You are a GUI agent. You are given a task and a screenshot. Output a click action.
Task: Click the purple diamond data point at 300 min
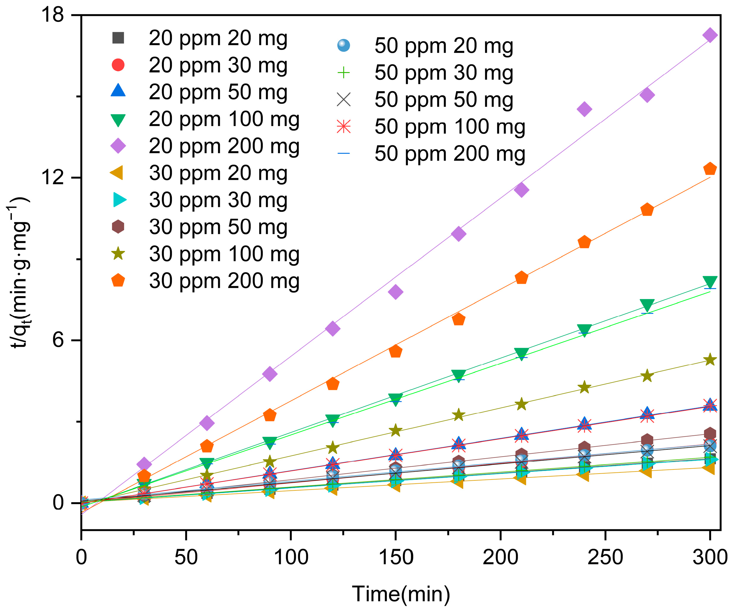710,35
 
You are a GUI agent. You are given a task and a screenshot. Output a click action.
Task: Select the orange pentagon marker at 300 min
710,169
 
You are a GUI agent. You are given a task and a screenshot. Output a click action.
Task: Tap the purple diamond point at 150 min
395,292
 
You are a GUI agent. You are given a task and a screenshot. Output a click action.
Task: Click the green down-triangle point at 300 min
710,282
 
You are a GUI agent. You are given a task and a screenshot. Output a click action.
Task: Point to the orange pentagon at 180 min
458,319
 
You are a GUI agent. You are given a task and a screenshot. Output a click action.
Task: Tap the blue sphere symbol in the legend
343,45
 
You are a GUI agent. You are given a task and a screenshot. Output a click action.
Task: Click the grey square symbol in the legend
118,37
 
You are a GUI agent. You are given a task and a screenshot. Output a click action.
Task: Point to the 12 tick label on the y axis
52,177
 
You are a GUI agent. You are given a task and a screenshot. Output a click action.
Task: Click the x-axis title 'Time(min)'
401,594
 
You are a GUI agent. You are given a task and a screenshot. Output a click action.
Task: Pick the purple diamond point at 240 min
584,109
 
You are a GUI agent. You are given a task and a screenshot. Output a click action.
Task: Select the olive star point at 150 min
395,431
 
